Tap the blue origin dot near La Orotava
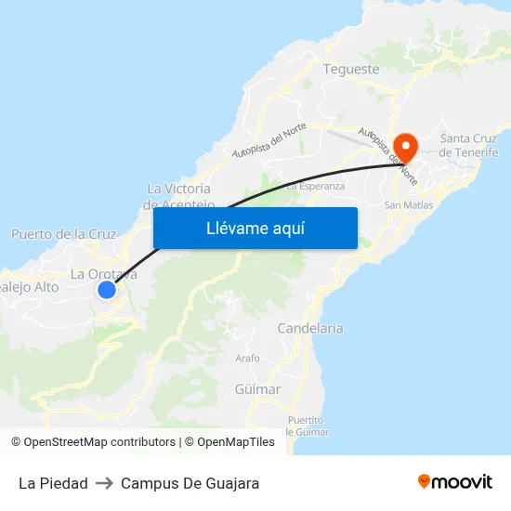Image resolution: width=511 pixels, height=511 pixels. tap(107, 290)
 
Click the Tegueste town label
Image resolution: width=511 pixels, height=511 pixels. tap(351, 69)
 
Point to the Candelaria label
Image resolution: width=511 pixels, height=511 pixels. tap(310, 328)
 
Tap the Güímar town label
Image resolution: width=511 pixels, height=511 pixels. tap(257, 388)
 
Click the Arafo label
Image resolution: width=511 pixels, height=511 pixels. tap(248, 358)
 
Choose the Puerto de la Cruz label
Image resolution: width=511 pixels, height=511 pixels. tap(63, 234)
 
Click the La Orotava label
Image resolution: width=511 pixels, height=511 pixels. tap(104, 273)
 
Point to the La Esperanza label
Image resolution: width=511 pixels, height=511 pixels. tap(315, 186)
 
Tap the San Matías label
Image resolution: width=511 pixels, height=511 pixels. tap(409, 205)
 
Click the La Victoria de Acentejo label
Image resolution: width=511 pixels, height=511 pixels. tap(179, 196)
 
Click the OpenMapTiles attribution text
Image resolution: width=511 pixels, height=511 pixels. tap(235, 442)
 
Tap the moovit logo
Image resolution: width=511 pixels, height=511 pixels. tap(455, 481)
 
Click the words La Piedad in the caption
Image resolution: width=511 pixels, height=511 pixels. tap(53, 483)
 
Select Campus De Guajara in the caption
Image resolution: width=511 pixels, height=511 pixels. tap(190, 483)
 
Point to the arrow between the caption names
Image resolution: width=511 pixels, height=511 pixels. tap(104, 483)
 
